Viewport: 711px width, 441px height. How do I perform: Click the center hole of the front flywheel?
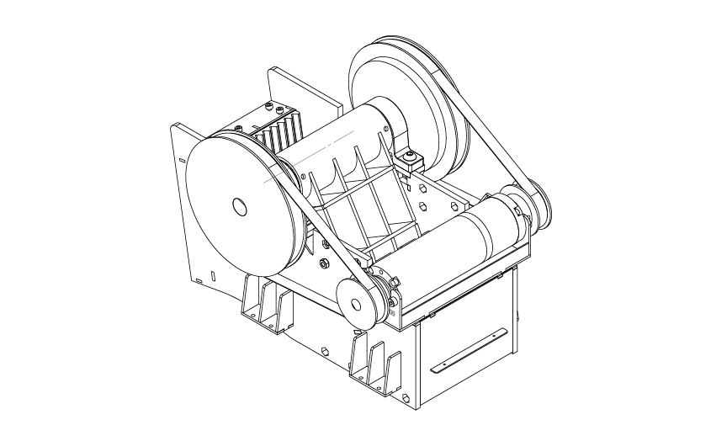238,205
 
